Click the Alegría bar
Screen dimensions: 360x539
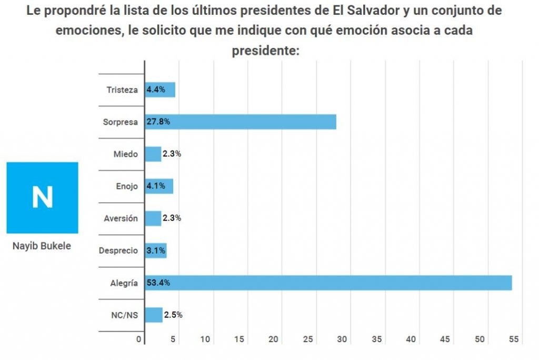tap(328, 283)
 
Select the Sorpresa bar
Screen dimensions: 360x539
tap(240, 122)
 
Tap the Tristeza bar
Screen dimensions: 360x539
tap(160, 89)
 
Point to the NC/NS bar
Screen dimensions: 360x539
tap(154, 315)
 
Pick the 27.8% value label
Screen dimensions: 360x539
tap(158, 122)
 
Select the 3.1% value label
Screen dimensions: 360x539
tap(156, 251)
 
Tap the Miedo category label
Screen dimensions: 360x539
tap(125, 154)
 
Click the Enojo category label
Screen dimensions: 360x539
tap(126, 186)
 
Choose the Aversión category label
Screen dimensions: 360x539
tap(121, 218)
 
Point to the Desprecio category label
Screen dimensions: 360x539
tap(118, 251)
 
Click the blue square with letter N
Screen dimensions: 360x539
tap(42, 197)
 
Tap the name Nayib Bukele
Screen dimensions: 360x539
tap(41, 246)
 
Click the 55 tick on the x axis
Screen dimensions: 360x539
tap(514, 339)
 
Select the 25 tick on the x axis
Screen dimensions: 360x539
tap(308, 339)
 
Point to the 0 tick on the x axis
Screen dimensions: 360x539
tap(139, 339)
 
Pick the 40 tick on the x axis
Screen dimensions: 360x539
tap(411, 339)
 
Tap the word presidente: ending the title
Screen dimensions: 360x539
tap(266, 51)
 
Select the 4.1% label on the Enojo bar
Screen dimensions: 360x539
tap(156, 186)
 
